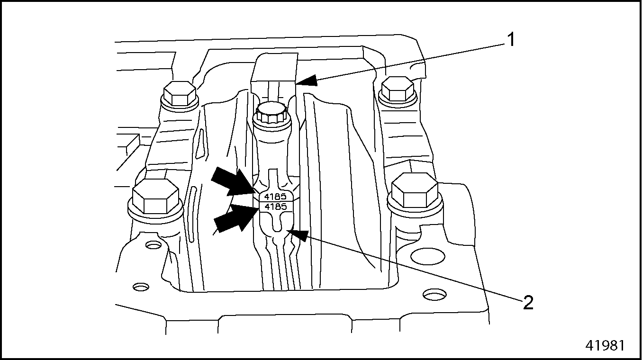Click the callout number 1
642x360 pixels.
[x=510, y=40]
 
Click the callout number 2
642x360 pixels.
[x=528, y=303]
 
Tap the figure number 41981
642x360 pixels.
[x=605, y=346]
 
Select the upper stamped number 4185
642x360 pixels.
[x=275, y=197]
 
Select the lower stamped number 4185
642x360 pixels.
[x=275, y=207]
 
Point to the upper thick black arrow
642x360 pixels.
[x=233, y=182]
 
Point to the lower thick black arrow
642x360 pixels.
[x=235, y=218]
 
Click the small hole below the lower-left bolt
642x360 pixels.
[x=154, y=245]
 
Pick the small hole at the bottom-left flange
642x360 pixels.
[x=141, y=287]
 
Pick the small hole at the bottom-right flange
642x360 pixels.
[x=435, y=295]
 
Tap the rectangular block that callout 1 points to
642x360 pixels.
[x=274, y=69]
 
